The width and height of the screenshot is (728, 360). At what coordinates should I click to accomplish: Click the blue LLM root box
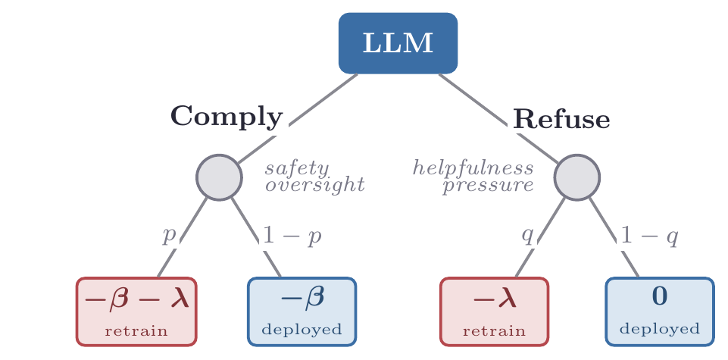coord(398,43)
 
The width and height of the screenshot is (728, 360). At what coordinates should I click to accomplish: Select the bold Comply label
coord(227,117)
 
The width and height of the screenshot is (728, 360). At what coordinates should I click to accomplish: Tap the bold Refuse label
coord(561,119)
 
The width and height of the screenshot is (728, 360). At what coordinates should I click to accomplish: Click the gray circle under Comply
coord(219,177)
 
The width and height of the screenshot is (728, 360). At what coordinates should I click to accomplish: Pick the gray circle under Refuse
coord(577,177)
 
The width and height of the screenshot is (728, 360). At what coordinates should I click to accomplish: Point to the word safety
coord(297,169)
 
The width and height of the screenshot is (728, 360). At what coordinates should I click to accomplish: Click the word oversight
coord(315,185)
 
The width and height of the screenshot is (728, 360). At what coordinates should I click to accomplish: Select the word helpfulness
coord(473,167)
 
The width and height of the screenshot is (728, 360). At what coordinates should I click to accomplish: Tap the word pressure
coord(488,186)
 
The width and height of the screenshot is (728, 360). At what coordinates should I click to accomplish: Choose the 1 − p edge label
coord(292,236)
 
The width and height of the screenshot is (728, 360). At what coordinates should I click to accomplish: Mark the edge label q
coord(527,236)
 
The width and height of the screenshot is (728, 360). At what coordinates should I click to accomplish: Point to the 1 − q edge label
coord(649,236)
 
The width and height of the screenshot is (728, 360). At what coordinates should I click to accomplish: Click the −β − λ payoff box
coord(136,311)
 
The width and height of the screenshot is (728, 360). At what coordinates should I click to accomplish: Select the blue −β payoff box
coord(302,311)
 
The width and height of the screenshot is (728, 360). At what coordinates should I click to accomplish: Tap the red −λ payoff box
coord(494,311)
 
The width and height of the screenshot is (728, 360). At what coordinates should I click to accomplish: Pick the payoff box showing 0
coord(660,311)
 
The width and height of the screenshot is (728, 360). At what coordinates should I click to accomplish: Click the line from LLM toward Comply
coord(298,119)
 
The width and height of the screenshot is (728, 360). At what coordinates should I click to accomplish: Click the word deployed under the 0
coord(659,330)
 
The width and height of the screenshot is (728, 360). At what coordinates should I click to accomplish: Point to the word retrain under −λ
coord(494,331)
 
